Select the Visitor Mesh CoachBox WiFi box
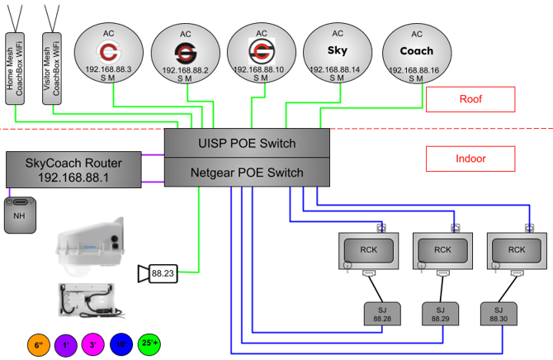[51, 69]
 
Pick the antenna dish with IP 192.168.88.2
[185, 54]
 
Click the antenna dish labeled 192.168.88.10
[261, 54]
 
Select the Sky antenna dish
[337, 54]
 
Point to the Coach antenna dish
[417, 54]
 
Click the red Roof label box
[470, 98]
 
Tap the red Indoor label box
[470, 158]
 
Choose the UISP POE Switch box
[247, 144]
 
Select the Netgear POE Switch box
[247, 173]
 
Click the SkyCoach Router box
[73, 170]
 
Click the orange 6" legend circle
[38, 344]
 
